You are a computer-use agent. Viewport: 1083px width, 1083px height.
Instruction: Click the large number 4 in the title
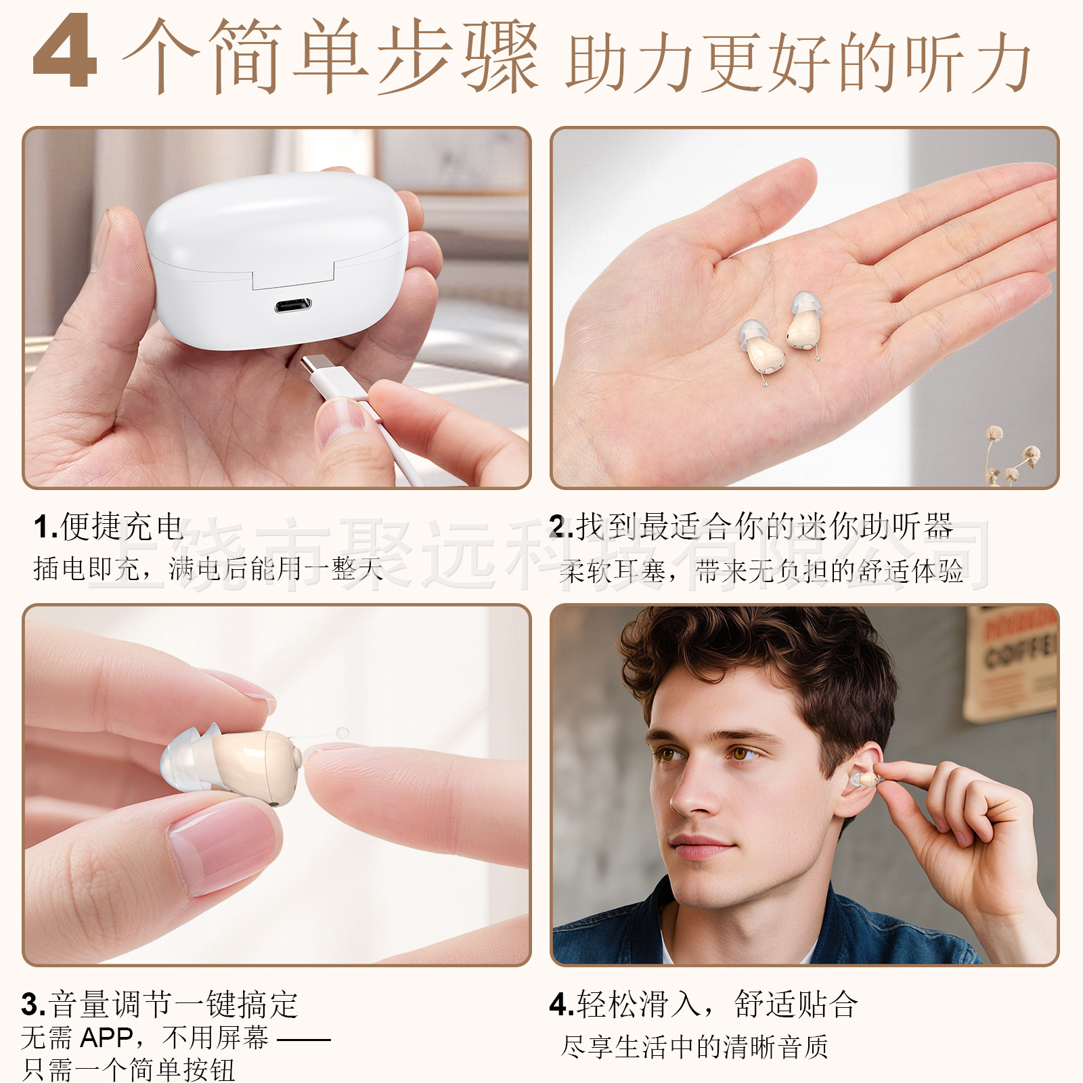[x=65, y=53]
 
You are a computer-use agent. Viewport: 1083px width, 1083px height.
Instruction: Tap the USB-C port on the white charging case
[x=293, y=305]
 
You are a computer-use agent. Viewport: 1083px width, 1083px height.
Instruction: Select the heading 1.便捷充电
[x=108, y=527]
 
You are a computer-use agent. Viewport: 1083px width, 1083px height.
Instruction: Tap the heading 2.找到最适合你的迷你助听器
[x=751, y=527]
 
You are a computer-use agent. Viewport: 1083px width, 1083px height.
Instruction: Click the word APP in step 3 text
[x=106, y=1038]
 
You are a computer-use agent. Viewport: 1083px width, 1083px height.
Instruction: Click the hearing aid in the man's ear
[x=865, y=780]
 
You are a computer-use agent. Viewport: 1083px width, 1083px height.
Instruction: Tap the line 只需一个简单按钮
[x=129, y=1070]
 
